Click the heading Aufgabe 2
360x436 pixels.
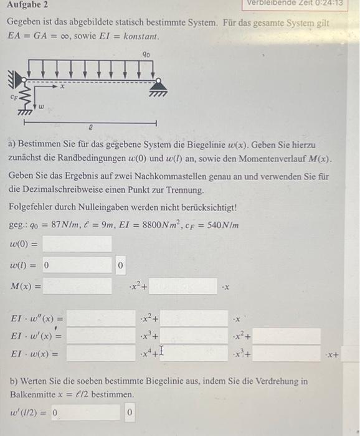pyautogui.click(x=27, y=5)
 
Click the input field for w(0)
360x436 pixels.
pyautogui.click(x=77, y=244)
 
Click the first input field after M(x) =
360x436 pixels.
pyautogui.click(x=77, y=287)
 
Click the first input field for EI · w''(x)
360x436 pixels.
pyautogui.click(x=101, y=319)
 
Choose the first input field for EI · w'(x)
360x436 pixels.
pyautogui.click(x=101, y=336)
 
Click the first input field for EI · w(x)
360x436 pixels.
pyautogui.click(x=101, y=354)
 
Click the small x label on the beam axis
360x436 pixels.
pyautogui.click(x=62, y=88)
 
